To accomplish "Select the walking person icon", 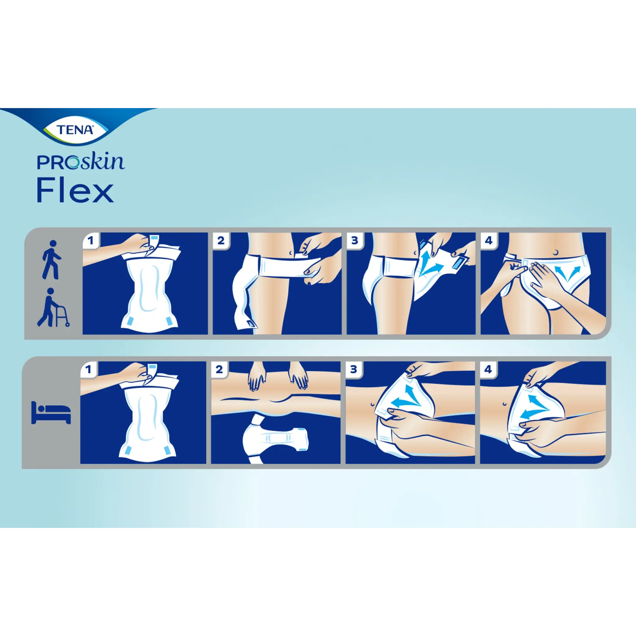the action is [50, 260].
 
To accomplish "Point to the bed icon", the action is [51, 412].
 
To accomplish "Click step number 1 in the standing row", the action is [91, 241].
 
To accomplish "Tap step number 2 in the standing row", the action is [220, 241].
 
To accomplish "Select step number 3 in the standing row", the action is [355, 241].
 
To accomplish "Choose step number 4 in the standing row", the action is [488, 241].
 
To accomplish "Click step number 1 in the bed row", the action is [89, 370].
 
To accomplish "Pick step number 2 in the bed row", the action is [219, 370].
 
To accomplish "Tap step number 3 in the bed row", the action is [353, 370].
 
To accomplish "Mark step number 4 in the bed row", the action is [488, 370].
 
